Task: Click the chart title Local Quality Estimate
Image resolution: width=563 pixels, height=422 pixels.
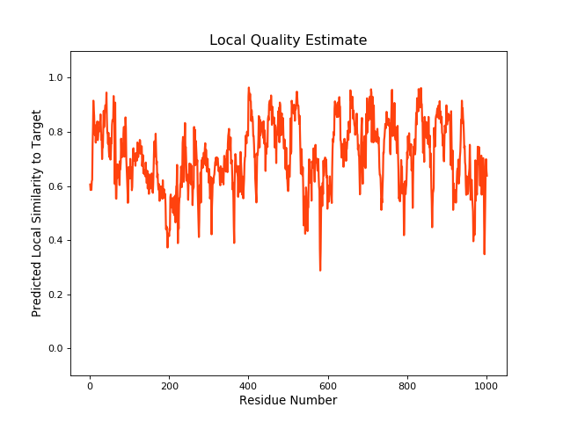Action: (x=288, y=40)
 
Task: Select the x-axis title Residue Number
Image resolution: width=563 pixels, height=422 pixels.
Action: (x=288, y=401)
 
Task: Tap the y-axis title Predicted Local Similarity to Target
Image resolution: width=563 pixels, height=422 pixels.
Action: (x=37, y=213)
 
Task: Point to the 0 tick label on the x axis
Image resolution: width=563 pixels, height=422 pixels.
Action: (x=90, y=384)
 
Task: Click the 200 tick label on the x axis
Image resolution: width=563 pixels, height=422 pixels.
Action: (x=169, y=384)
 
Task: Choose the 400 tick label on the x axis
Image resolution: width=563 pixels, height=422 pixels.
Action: (x=248, y=384)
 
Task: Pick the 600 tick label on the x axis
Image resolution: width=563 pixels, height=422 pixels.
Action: (x=327, y=384)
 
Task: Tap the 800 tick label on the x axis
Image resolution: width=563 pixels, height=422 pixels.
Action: (x=407, y=384)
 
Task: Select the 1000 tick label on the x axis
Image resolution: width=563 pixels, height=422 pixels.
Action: (x=486, y=384)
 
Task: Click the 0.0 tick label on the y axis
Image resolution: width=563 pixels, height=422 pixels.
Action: (x=55, y=349)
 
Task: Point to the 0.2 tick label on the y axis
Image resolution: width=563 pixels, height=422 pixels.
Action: (x=55, y=295)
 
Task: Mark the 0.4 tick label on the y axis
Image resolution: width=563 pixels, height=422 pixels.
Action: (x=55, y=241)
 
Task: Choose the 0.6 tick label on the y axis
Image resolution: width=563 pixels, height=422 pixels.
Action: (x=55, y=186)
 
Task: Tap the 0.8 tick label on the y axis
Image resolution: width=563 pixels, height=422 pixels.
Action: (x=55, y=132)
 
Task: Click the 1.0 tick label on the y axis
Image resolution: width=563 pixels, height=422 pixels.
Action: (x=55, y=78)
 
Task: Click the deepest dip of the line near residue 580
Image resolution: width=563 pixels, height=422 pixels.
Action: (x=320, y=270)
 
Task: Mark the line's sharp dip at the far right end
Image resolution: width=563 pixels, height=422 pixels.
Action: (x=484, y=253)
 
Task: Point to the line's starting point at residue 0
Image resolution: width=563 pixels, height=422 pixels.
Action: (x=90, y=185)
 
